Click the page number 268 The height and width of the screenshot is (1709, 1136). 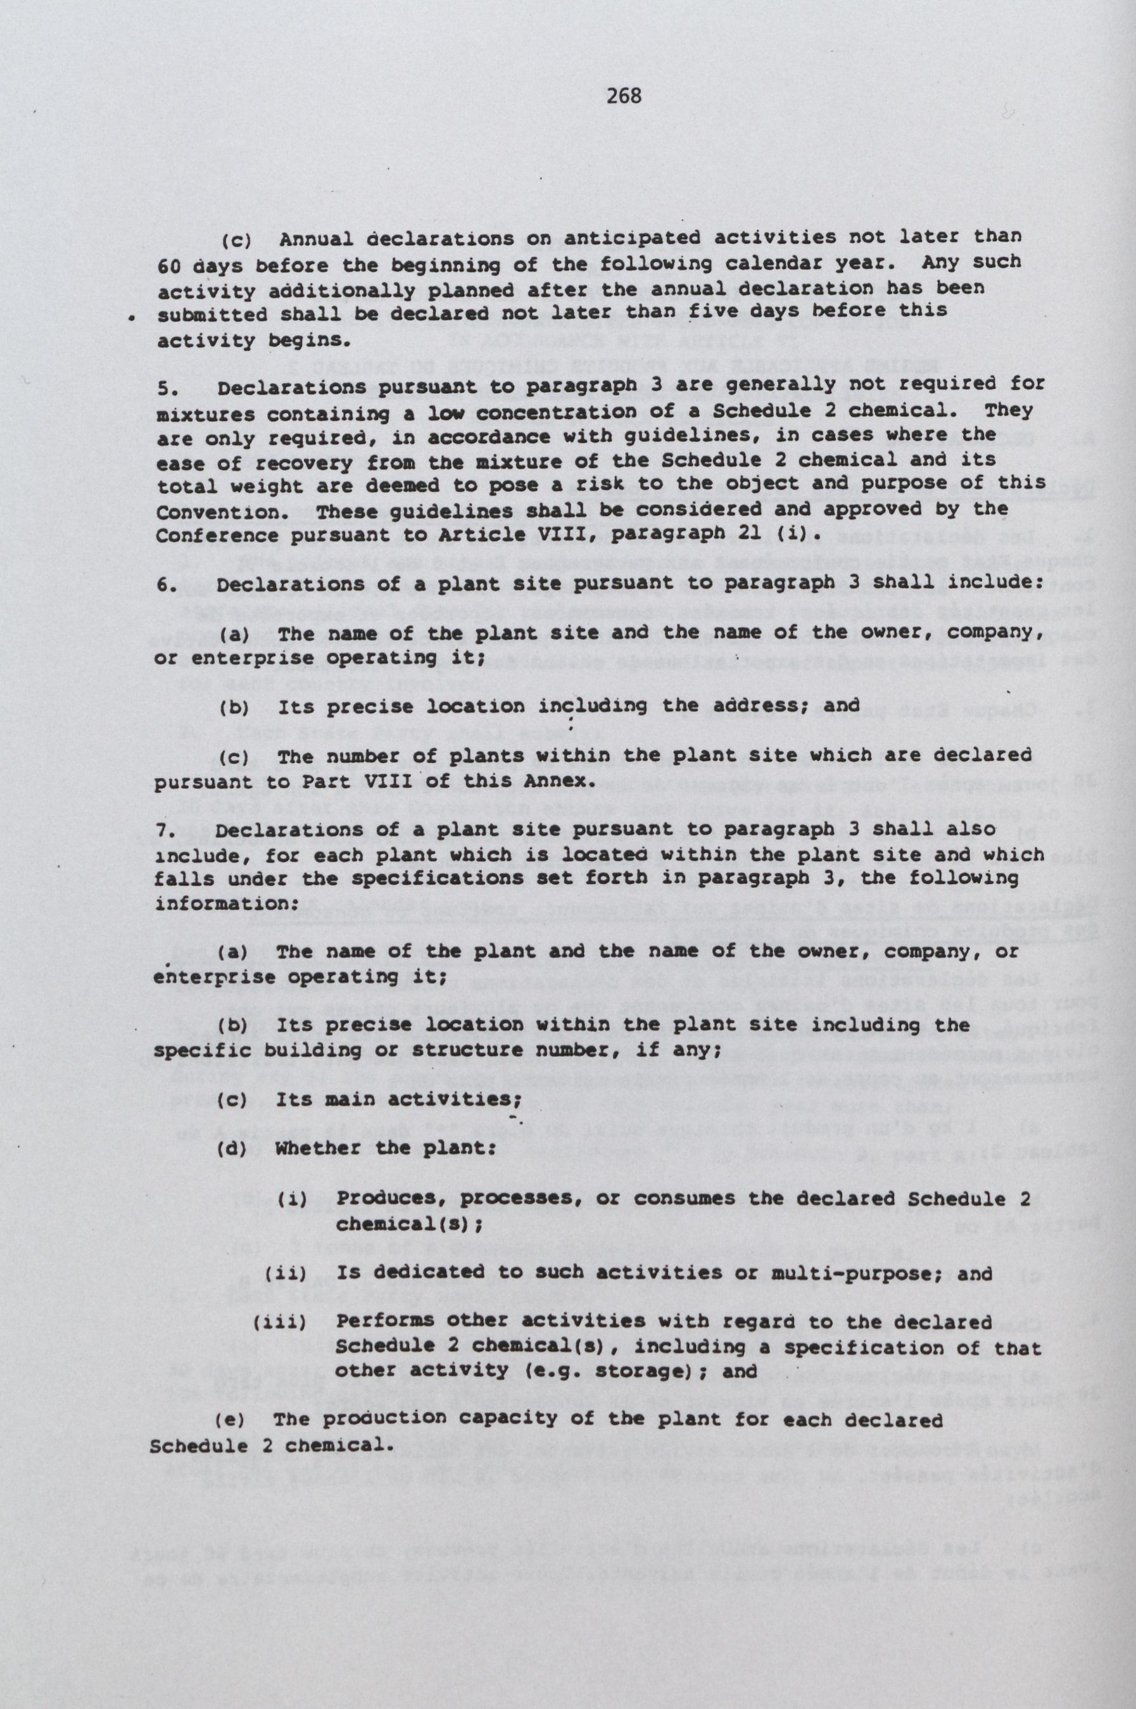tap(624, 96)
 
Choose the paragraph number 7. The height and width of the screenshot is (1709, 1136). tap(164, 830)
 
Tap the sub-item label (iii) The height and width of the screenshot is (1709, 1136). tap(281, 1322)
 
